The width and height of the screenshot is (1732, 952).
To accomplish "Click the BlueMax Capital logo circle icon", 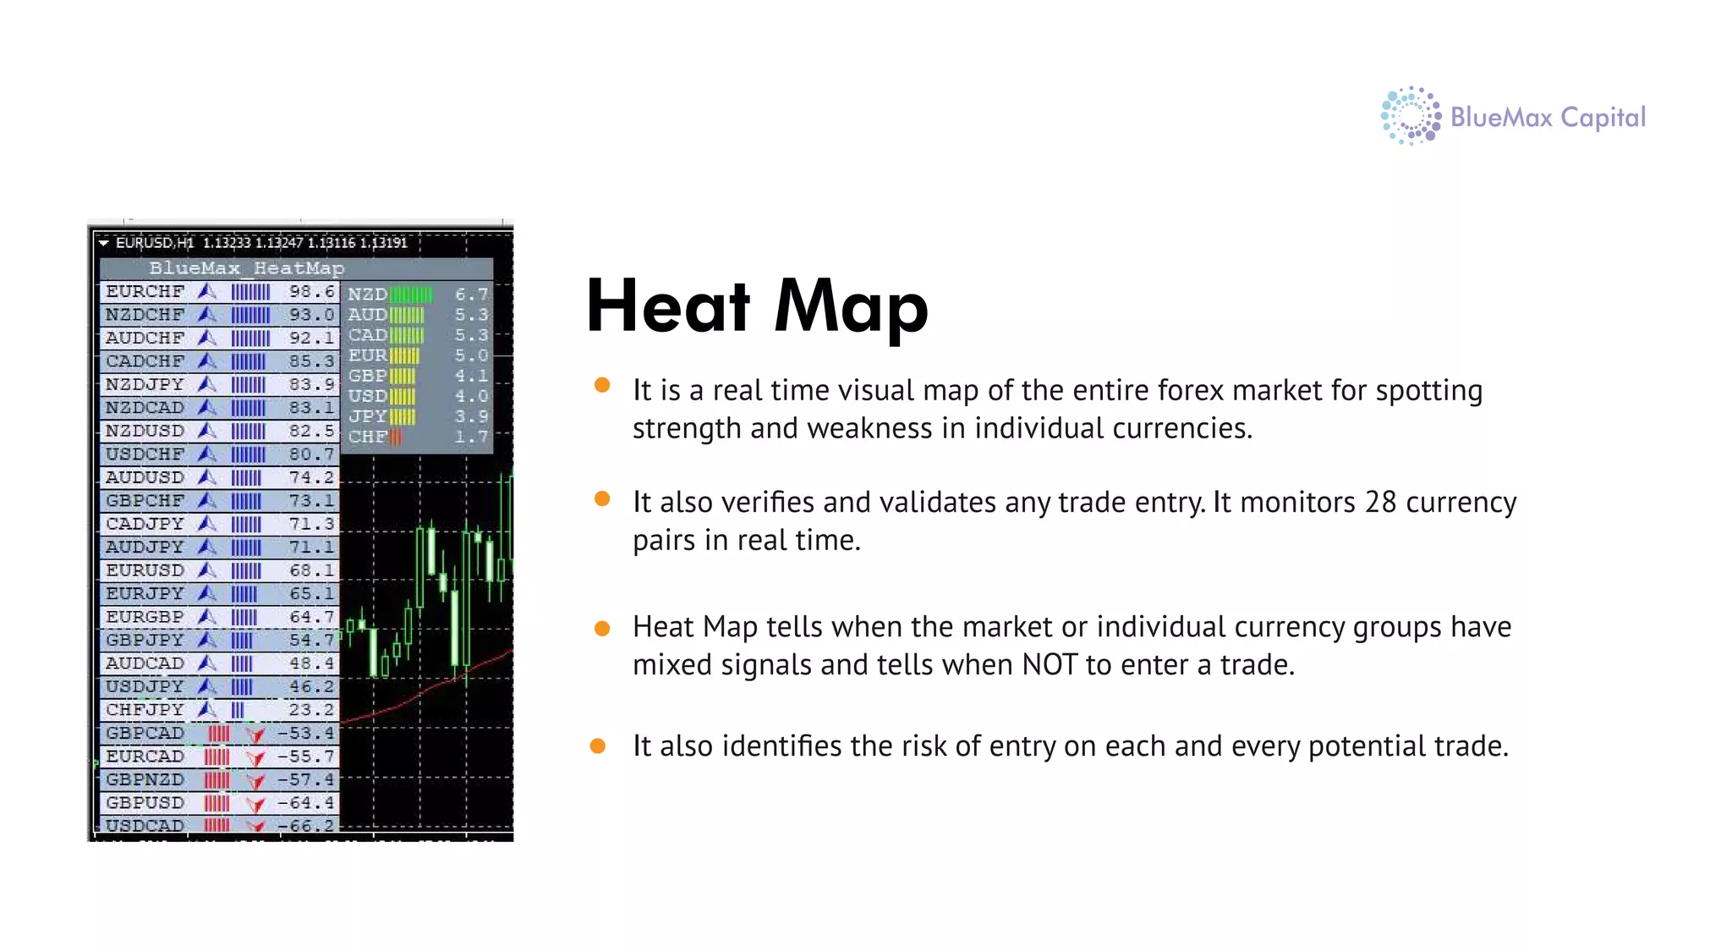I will pyautogui.click(x=1410, y=116).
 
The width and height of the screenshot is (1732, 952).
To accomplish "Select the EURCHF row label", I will pyautogui.click(x=145, y=292).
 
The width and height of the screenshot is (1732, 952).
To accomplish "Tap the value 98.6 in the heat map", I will pyautogui.click(x=311, y=292).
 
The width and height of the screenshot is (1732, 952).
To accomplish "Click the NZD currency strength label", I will pyautogui.click(x=367, y=294).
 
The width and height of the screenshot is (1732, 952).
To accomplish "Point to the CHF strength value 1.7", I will pyautogui.click(x=471, y=437).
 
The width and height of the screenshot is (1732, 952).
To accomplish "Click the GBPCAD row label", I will pyautogui.click(x=145, y=733).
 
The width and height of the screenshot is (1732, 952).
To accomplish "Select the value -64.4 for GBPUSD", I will pyautogui.click(x=306, y=802).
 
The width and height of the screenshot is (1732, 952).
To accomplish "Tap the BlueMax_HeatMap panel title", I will pyautogui.click(x=246, y=268).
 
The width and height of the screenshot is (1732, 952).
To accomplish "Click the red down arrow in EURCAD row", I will pyautogui.click(x=255, y=757).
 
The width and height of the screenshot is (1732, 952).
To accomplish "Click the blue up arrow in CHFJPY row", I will pyautogui.click(x=207, y=709).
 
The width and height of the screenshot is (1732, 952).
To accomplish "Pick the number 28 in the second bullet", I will pyautogui.click(x=1380, y=503).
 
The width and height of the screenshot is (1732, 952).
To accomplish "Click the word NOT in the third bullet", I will pyautogui.click(x=1050, y=665).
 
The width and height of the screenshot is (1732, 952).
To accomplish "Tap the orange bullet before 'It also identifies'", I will pyautogui.click(x=598, y=746).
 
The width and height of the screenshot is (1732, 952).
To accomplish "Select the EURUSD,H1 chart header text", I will pyautogui.click(x=155, y=243).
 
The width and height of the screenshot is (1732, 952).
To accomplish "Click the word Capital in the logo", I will pyautogui.click(x=1603, y=118).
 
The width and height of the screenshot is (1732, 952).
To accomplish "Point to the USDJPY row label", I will pyautogui.click(x=145, y=686).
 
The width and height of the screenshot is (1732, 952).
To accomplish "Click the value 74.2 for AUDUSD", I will pyautogui.click(x=311, y=477).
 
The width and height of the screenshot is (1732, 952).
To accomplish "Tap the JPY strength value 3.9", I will pyautogui.click(x=471, y=416).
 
